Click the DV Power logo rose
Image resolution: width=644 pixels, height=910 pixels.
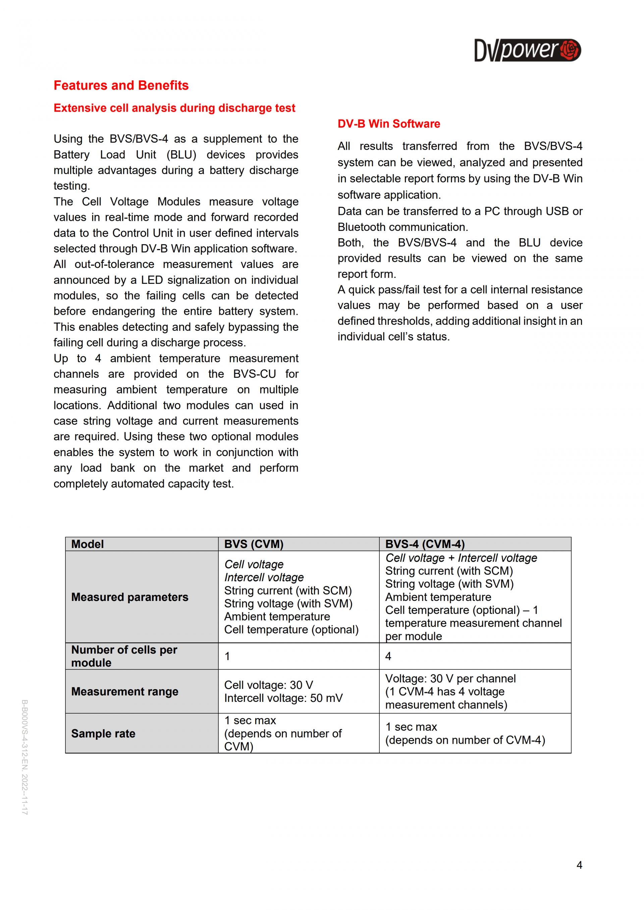[x=570, y=50]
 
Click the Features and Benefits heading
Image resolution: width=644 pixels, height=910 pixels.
[x=121, y=85]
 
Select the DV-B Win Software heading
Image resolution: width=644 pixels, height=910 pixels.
[x=389, y=124]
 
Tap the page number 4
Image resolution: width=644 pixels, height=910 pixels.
[x=579, y=865]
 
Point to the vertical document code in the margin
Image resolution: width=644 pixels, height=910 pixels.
[x=24, y=757]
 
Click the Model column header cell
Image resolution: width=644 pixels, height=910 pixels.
[x=87, y=544]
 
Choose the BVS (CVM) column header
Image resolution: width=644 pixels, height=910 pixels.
[x=254, y=544]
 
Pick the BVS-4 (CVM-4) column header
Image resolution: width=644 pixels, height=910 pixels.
[x=425, y=544]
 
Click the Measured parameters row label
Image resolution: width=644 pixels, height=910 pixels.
[x=130, y=597]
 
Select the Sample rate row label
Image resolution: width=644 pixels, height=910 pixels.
[x=103, y=734]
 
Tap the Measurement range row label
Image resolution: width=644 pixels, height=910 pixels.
[x=124, y=691]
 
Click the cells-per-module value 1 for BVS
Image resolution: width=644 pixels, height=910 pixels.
[x=227, y=656]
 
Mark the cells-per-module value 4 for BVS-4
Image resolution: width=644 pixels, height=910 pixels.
[x=388, y=656]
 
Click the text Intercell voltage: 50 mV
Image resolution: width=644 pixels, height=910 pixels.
[x=283, y=698]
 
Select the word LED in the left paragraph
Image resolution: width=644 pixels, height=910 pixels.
[x=152, y=280]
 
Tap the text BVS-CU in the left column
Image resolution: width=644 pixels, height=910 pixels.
[x=254, y=374]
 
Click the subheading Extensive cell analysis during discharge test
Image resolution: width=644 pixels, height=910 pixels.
[x=174, y=108]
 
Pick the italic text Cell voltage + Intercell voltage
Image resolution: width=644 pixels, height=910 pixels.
[x=461, y=558]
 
